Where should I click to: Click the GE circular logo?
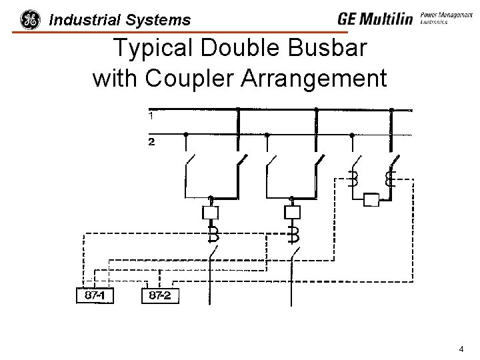pyautogui.click(x=30, y=20)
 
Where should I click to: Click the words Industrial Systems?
pyautogui.click(x=120, y=20)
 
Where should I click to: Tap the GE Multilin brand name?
pyautogui.click(x=375, y=19)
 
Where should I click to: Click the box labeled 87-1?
pyautogui.click(x=94, y=295)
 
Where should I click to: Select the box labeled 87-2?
pyautogui.click(x=160, y=295)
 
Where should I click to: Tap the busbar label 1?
pyautogui.click(x=151, y=116)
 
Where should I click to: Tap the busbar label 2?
pyautogui.click(x=151, y=142)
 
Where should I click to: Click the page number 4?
pyautogui.click(x=461, y=349)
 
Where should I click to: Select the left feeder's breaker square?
pyautogui.click(x=211, y=213)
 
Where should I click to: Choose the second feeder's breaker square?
pyautogui.click(x=292, y=213)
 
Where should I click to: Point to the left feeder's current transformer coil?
pyautogui.click(x=212, y=233)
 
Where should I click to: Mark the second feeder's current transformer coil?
pyautogui.click(x=293, y=233)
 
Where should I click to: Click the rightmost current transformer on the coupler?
pyautogui.click(x=391, y=179)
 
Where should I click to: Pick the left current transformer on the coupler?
pyautogui.click(x=353, y=179)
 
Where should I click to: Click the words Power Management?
pyautogui.click(x=447, y=13)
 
